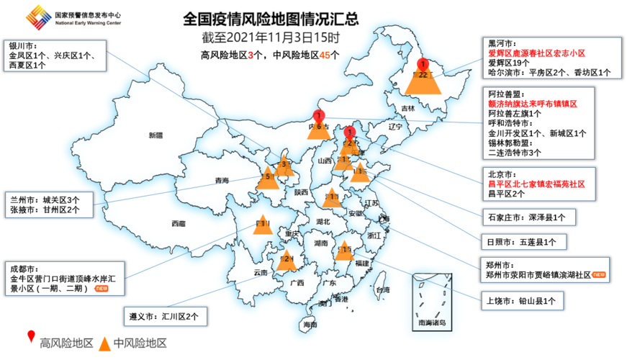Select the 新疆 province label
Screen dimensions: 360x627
156,135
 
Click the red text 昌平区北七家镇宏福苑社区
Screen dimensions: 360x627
536,184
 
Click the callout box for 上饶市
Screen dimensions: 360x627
522,302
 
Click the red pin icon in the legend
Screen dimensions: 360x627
31,336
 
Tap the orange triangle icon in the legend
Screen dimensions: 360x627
105,343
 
